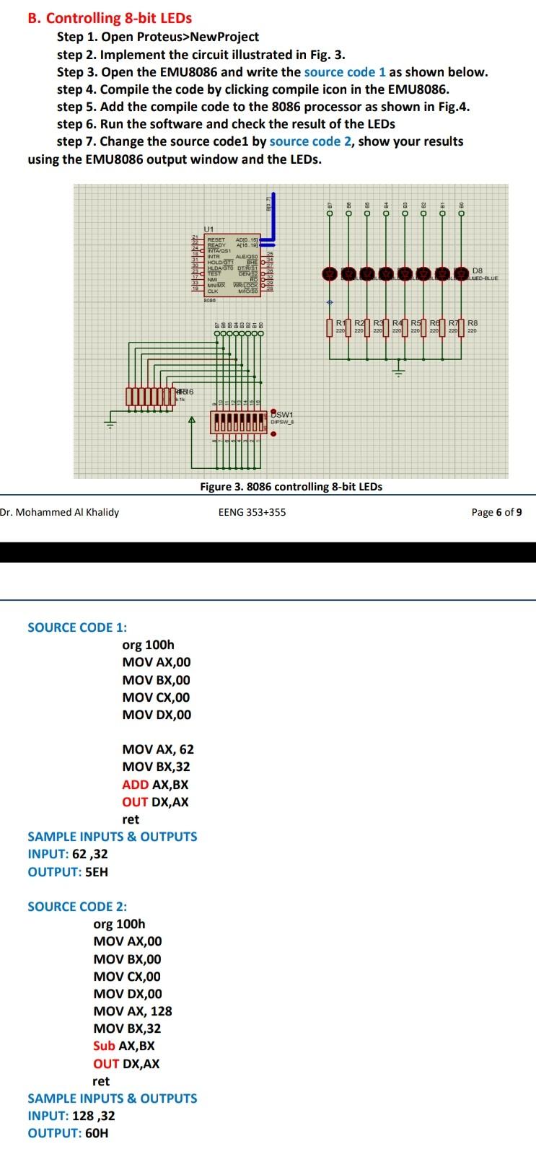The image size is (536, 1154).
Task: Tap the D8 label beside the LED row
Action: click(477, 271)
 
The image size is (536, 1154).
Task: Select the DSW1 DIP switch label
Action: click(283, 415)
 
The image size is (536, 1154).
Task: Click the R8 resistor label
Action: click(473, 323)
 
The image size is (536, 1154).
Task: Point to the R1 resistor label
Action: click(341, 323)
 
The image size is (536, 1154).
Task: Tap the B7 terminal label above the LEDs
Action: click(330, 205)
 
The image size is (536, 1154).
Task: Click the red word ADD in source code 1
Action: click(135, 785)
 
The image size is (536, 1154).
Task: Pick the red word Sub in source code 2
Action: click(104, 1046)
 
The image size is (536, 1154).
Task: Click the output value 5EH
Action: click(97, 872)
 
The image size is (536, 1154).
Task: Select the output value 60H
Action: click(97, 1133)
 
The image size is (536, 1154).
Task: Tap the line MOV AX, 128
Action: click(133, 1011)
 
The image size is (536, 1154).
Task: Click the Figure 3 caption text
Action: click(291, 487)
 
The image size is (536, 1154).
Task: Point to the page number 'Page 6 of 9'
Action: click(496, 513)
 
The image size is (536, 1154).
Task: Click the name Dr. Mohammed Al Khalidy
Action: click(60, 513)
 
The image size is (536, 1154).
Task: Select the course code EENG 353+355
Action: click(252, 513)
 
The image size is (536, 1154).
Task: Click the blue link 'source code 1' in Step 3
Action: click(345, 72)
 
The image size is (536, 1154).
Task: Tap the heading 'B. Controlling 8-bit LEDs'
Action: click(110, 18)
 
